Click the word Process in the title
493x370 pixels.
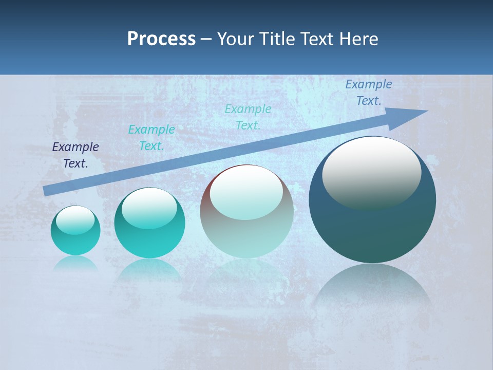161,39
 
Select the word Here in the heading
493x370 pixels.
358,39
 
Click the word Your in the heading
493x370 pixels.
235,39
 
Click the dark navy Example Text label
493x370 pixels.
75,155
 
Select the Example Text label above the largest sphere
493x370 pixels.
369,92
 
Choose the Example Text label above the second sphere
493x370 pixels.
151,138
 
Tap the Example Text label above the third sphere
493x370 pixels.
248,117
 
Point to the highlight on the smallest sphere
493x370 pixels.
75,220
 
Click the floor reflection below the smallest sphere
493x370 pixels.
75,264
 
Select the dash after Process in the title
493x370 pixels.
206,39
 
